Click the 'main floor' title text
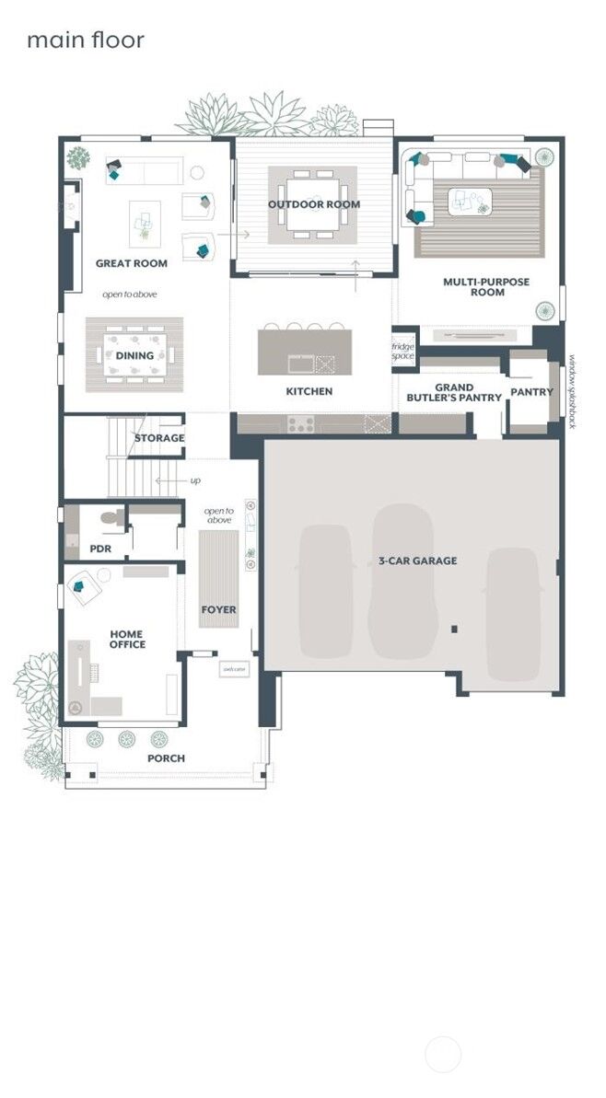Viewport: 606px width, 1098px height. (85, 40)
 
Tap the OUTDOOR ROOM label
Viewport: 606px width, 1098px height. (313, 204)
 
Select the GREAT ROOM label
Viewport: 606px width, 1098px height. (132, 263)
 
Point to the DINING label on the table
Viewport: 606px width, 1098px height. (134, 355)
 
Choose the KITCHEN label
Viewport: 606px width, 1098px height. (309, 391)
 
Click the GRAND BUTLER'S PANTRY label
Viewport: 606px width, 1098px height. (454, 393)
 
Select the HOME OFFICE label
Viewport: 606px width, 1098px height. (127, 639)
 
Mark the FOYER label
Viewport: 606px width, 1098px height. (218, 609)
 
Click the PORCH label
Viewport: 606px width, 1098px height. (166, 758)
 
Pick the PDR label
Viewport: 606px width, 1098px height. (100, 549)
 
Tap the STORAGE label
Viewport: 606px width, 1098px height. (159, 438)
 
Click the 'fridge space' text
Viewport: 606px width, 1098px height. (403, 351)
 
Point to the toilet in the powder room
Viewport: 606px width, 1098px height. (111, 519)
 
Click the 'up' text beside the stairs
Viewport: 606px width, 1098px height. (194, 480)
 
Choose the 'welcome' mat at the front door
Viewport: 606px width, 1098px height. (233, 669)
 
